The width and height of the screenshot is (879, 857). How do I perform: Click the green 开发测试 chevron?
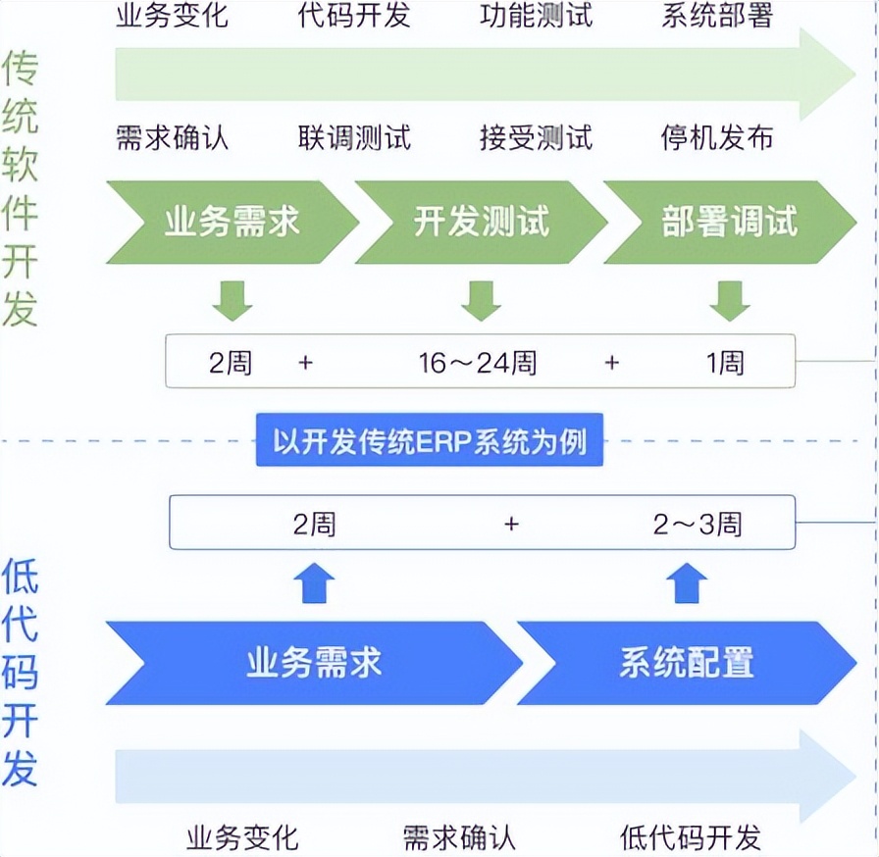(481, 223)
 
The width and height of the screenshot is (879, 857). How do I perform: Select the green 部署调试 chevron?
(729, 223)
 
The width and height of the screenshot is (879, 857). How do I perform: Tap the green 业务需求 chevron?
(232, 223)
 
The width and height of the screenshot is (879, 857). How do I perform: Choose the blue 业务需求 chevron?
(314, 663)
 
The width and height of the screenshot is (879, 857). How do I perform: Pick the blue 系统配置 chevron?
(687, 663)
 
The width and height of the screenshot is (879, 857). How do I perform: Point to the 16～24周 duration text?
(478, 363)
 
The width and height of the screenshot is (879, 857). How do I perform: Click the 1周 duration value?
(726, 363)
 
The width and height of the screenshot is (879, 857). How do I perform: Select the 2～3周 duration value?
(698, 525)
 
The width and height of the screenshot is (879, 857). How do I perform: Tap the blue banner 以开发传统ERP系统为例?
(430, 441)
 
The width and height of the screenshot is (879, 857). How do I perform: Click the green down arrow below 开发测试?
(481, 301)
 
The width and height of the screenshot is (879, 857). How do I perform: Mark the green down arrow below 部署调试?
(730, 301)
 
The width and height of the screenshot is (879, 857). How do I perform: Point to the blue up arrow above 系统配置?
(687, 584)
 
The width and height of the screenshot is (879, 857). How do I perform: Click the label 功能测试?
(537, 17)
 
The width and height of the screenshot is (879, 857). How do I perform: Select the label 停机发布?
(717, 137)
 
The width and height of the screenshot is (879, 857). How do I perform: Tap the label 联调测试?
(354, 137)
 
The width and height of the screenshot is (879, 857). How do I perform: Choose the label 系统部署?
(717, 17)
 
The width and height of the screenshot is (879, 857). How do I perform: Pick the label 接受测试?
(537, 137)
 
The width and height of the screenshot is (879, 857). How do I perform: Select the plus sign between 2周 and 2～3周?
(511, 525)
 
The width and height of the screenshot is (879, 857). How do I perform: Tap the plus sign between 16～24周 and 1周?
(612, 363)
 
